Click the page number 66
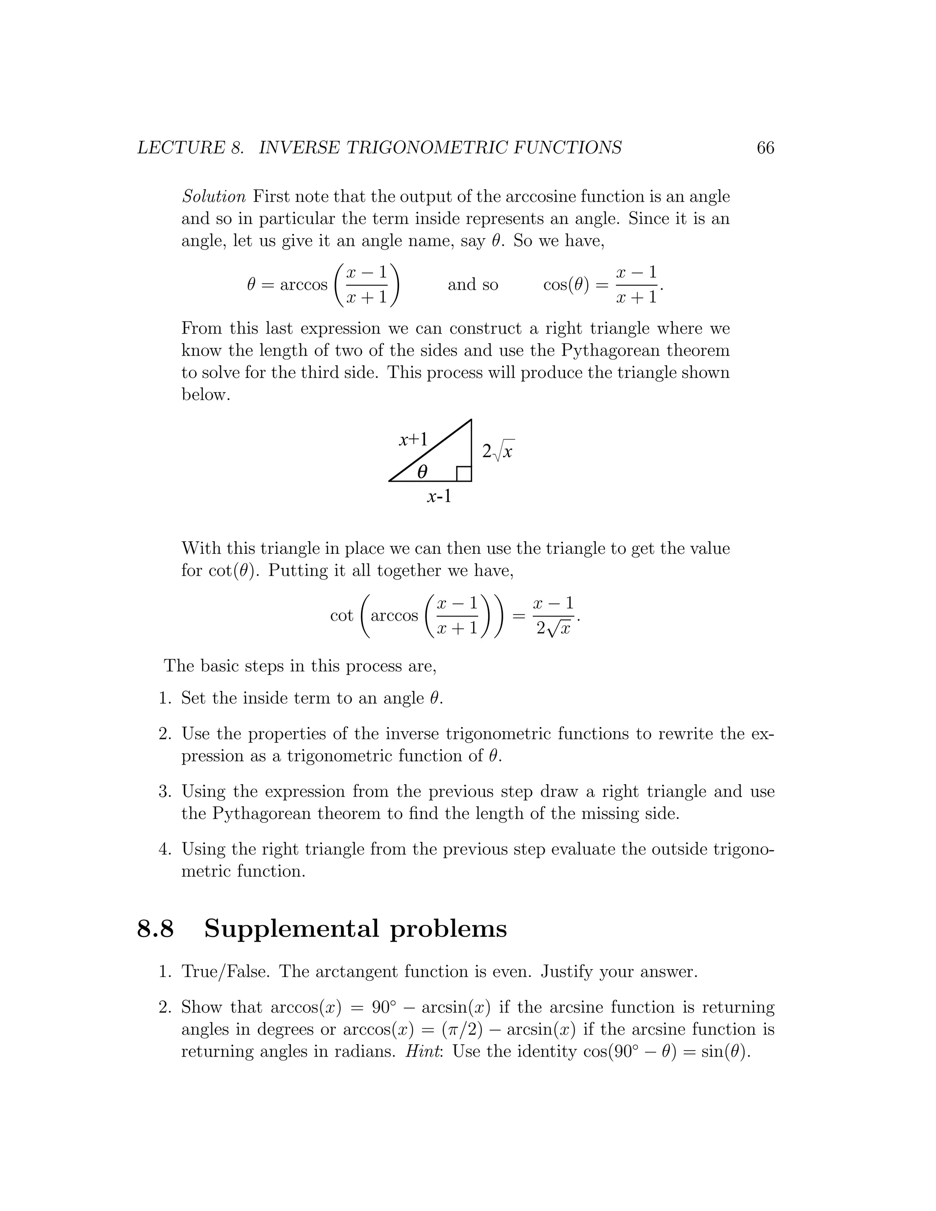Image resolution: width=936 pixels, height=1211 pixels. coord(765,148)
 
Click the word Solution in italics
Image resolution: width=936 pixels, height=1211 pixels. coord(213,197)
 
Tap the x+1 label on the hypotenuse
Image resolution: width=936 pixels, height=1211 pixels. coord(414,440)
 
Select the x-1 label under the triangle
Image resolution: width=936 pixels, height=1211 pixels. coord(439,496)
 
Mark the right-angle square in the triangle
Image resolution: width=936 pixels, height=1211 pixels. coord(463,474)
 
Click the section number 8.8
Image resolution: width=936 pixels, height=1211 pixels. coord(155,929)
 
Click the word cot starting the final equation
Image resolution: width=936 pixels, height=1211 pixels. coord(341,616)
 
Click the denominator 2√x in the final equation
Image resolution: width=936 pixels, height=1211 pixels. coord(553,629)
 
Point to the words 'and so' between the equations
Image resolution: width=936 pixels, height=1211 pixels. coord(473,285)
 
